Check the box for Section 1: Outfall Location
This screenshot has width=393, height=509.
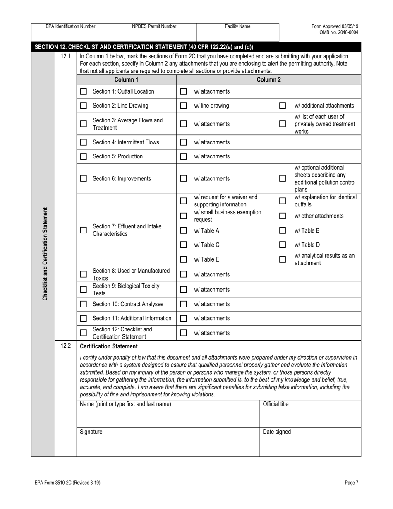pyautogui.click(x=84, y=91)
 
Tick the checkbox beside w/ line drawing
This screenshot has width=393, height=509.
pyautogui.click(x=184, y=106)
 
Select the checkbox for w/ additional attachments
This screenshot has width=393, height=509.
pyautogui.click(x=283, y=106)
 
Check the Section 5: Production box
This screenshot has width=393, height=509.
pyautogui.click(x=84, y=156)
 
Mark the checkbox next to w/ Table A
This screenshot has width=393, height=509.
pyautogui.click(x=184, y=230)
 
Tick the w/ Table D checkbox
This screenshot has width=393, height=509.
pyautogui.click(x=283, y=245)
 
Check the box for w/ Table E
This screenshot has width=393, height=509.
pyautogui.click(x=184, y=259)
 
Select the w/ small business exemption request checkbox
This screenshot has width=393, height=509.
pyautogui.click(x=184, y=216)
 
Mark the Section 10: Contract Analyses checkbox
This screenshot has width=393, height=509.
pyautogui.click(x=84, y=304)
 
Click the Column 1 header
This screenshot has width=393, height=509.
pyautogui.click(x=126, y=79)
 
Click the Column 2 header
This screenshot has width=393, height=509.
pyautogui.click(x=269, y=79)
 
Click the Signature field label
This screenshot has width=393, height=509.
pyautogui.click(x=91, y=432)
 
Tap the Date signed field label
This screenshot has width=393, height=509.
pyautogui.click(x=277, y=432)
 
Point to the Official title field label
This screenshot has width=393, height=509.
pyautogui.click(x=276, y=404)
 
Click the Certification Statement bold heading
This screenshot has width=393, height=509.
pyautogui.click(x=109, y=346)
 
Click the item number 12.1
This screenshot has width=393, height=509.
pyautogui.click(x=66, y=56)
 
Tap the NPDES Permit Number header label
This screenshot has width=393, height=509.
pyautogui.click(x=154, y=26)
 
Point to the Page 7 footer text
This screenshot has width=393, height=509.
pyautogui.click(x=351, y=483)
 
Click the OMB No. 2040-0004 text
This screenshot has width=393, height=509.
pyautogui.click(x=339, y=32)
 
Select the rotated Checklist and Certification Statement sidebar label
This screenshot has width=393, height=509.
pyautogui.click(x=45, y=254)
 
